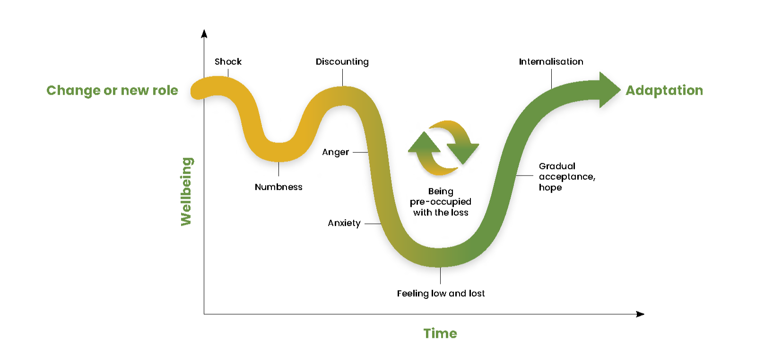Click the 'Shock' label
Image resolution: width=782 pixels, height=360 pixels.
228,61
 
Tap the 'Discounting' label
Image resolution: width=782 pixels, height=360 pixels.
342,62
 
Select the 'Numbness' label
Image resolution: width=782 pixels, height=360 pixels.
278,187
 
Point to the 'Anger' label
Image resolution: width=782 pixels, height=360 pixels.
336,152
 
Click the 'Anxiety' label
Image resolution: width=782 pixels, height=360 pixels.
344,223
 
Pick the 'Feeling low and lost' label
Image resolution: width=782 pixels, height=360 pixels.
441,293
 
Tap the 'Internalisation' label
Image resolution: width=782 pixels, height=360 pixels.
551,62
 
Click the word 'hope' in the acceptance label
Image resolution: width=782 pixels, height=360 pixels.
550,187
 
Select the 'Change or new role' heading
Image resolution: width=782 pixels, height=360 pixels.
113,90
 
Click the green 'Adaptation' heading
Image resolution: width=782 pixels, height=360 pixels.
664,90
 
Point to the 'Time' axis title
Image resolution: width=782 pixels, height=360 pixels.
440,334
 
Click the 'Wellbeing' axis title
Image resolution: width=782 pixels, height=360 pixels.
186,192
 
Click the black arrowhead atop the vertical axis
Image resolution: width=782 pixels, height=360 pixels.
204,34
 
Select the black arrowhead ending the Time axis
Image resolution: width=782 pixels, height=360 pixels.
640,314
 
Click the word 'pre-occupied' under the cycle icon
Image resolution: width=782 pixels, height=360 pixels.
441,202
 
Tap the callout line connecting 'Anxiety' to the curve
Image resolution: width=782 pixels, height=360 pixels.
373,223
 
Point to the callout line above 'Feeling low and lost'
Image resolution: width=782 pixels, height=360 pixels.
441,276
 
